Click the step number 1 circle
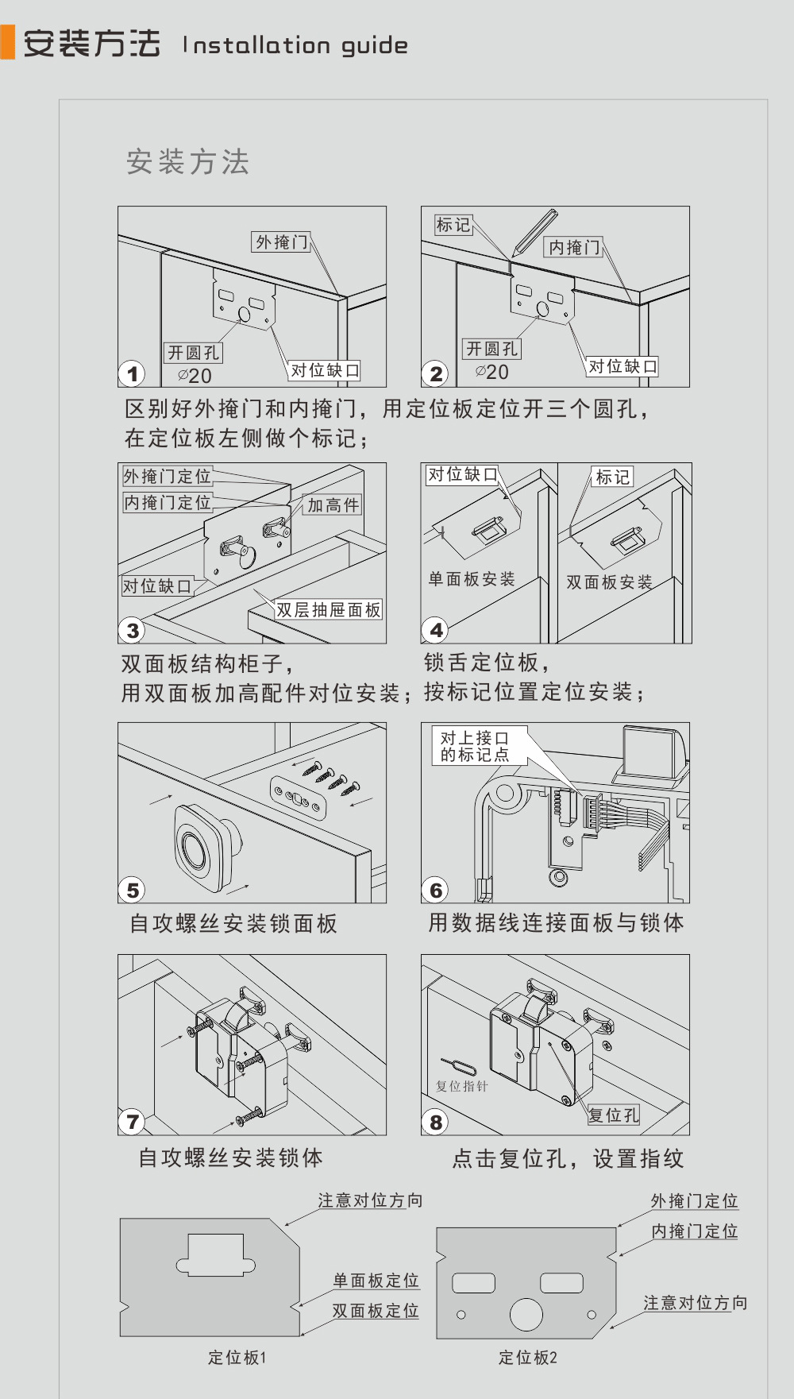(133, 373)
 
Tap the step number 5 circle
(133, 890)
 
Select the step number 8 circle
(436, 1122)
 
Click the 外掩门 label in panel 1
(281, 242)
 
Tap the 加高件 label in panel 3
(333, 504)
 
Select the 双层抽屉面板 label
(329, 609)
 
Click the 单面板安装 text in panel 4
(472, 578)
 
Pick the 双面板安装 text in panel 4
(609, 582)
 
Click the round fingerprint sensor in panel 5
(194, 848)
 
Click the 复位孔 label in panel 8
(613, 1115)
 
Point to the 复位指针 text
(462, 1086)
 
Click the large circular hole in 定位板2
(526, 1314)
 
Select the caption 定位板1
(237, 1358)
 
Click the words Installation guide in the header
(295, 45)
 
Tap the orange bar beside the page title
(8, 42)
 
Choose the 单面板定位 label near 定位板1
(376, 1280)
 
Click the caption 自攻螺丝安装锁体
(230, 1157)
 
